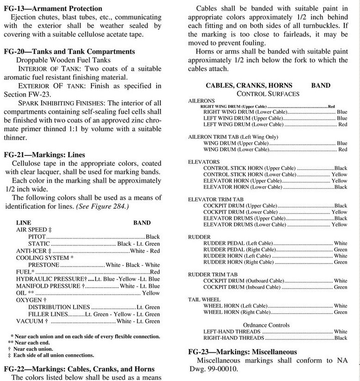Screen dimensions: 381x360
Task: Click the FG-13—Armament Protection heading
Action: [x=53, y=9]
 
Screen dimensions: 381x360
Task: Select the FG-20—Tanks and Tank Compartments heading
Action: [x=69, y=51]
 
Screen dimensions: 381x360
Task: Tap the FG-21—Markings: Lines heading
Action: [x=44, y=154]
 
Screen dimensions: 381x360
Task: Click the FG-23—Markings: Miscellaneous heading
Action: [x=245, y=352]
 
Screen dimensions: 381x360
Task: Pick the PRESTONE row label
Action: [x=43, y=265]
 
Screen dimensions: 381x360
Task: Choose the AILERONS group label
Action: [x=201, y=101]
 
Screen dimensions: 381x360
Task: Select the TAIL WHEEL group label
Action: [x=204, y=299]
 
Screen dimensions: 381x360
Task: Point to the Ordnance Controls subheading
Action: [x=267, y=325]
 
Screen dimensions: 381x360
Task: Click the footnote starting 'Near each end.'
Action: [x=32, y=342]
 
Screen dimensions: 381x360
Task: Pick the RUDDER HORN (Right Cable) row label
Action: [x=237, y=262]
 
